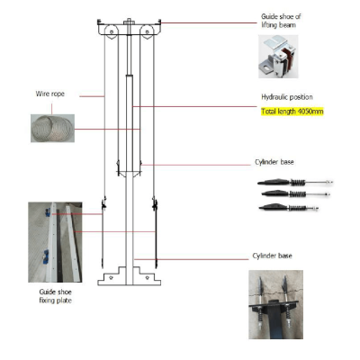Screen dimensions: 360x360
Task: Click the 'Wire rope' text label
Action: point(50,94)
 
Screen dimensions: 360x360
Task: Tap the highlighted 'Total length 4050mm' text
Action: point(292,112)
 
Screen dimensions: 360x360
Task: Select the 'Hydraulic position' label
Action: point(287,97)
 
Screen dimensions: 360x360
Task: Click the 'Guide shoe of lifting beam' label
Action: point(281,21)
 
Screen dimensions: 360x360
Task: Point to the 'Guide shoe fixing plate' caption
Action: point(56,296)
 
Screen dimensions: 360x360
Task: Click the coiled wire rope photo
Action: point(52,128)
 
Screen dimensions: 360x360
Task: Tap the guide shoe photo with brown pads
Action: point(278,57)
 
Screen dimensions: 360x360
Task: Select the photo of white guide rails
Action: point(55,242)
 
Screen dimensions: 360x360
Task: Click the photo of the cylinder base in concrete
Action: point(275,304)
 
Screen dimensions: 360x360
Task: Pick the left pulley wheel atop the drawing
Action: point(111,31)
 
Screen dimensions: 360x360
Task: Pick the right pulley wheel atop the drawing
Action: point(147,31)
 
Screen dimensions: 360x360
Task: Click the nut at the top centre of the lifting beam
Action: point(129,21)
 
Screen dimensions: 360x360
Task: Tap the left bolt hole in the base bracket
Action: point(111,278)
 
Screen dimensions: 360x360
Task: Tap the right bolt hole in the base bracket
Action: point(147,278)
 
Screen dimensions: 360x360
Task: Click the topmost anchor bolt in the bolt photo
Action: point(295,182)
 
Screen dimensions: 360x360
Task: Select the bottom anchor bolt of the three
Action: point(289,207)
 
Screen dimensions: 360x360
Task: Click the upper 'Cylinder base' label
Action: point(274,162)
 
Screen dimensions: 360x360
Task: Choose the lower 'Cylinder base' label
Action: point(272,256)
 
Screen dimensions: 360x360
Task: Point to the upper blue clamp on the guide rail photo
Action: point(48,212)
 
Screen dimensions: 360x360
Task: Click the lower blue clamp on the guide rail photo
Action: point(46,257)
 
